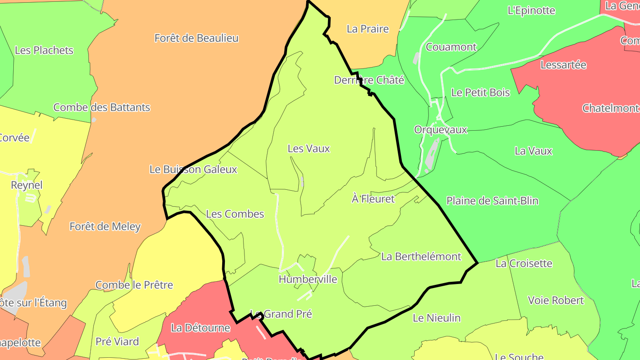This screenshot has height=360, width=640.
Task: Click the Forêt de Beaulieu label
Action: coord(196,38)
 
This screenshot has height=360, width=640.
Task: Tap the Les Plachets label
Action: coord(44,50)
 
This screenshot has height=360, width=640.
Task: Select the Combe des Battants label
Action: coord(102,108)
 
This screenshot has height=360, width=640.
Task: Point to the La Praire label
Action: coord(368,29)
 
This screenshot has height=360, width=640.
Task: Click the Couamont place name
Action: coord(451,47)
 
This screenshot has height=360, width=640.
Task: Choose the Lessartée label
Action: coord(563,65)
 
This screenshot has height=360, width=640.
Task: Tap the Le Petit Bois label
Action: coord(480,92)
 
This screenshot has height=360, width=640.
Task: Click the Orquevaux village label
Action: coord(440,130)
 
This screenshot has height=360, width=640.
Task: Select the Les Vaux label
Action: coord(308,149)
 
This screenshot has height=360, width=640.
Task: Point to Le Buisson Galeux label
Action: coord(193,169)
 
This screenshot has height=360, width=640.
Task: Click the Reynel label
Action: coord(27,185)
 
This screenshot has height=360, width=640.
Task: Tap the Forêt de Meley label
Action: coord(105,227)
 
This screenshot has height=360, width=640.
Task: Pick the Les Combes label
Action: coord(235,214)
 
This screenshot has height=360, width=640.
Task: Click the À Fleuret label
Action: coord(373,199)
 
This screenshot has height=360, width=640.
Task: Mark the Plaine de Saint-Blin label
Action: coord(492,201)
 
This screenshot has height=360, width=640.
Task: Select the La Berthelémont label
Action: coord(421,256)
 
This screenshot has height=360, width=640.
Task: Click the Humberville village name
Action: coord(308,280)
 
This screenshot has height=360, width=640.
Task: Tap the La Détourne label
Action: coord(200,328)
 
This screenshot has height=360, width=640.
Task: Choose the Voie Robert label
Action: coord(556,300)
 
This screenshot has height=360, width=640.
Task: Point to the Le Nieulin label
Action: coord(436,318)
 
